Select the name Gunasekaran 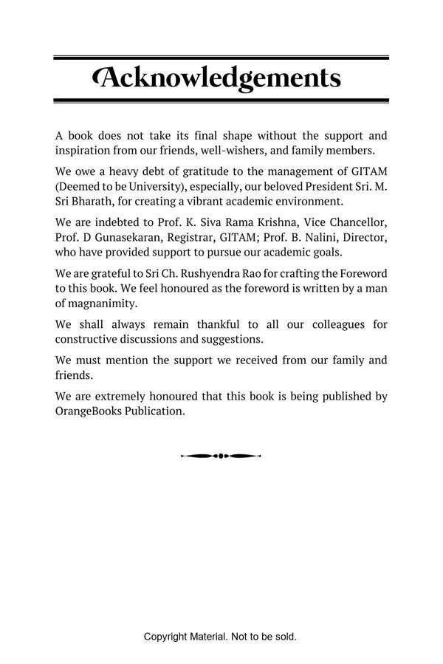[x=122, y=237]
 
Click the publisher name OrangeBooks [x=92, y=411]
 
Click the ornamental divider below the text [x=221, y=456]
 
